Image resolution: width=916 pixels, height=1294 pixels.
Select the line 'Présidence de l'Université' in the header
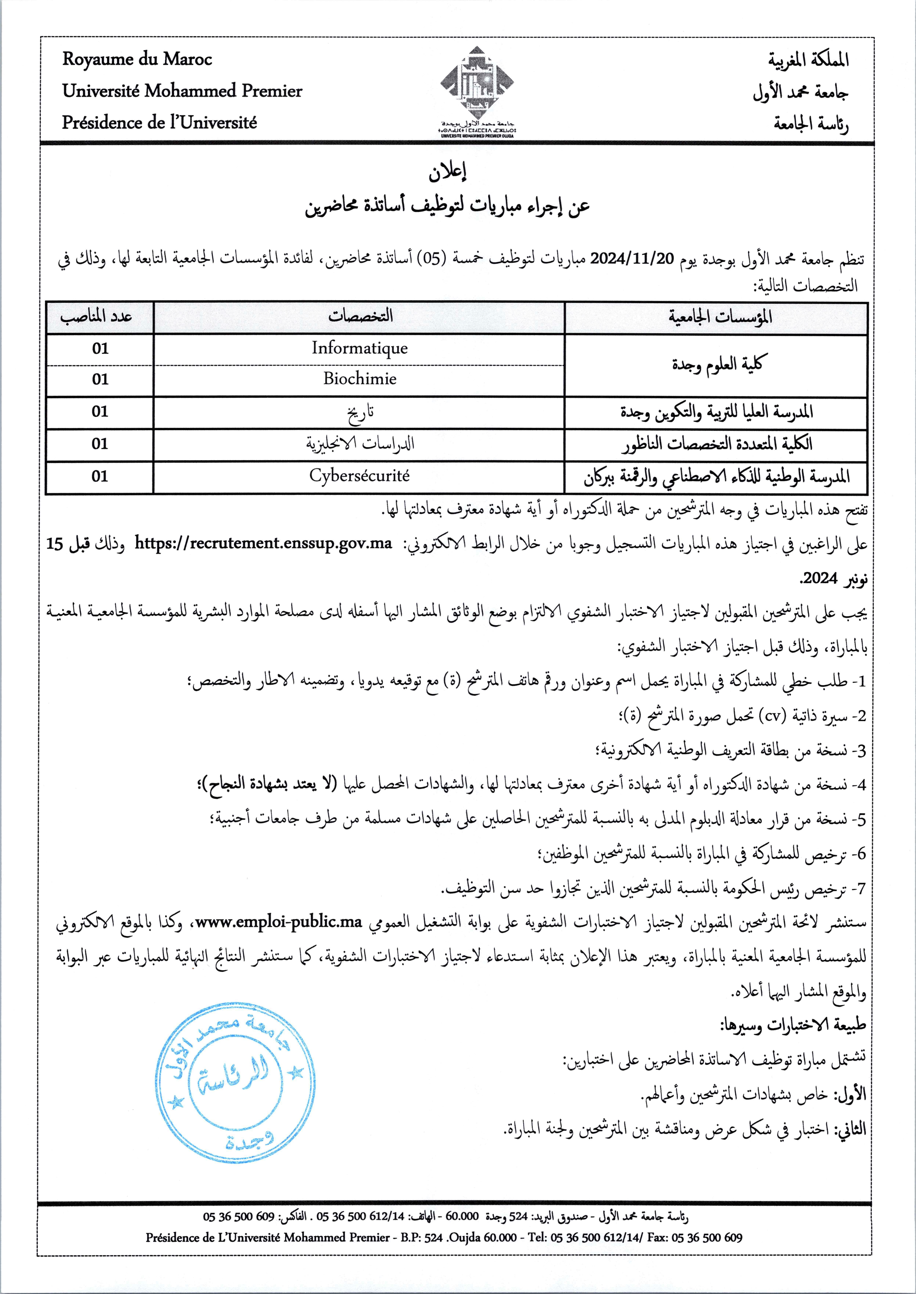[160, 122]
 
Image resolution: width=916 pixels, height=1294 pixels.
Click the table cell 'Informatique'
[359, 348]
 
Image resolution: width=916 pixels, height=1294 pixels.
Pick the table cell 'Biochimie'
[359, 379]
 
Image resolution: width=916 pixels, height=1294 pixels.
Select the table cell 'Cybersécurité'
[359, 475]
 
